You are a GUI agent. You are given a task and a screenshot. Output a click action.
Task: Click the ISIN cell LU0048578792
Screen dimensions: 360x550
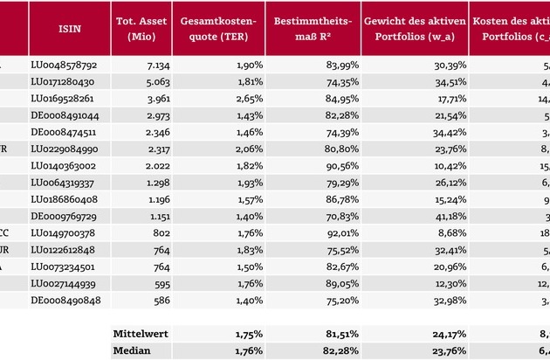(65, 66)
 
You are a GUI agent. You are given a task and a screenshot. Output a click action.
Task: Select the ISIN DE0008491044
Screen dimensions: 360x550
(65, 115)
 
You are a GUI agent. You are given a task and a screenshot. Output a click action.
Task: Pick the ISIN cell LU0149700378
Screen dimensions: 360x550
(65, 232)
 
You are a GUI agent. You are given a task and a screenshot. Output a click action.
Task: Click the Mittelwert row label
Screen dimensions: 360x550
(140, 333)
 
